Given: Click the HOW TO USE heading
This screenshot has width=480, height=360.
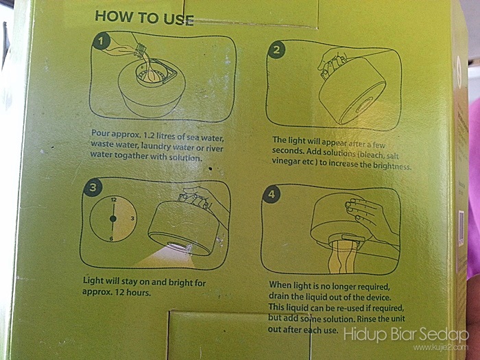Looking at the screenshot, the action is coord(144,18).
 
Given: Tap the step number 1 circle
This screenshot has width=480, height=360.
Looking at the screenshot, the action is coord(101,41).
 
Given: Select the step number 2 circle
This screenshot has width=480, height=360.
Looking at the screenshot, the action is coord(276,49).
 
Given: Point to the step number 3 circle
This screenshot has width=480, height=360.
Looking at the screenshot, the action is coord(93,187).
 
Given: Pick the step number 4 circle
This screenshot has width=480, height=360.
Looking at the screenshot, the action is coord(272,194).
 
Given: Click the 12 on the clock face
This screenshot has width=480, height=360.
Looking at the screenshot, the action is coord(114,200).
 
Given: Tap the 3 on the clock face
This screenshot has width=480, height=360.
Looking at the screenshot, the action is coord(132,218).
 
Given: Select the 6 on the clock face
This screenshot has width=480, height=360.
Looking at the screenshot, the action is coord(111,239).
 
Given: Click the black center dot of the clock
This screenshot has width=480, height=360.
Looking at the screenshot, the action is coord(113,219).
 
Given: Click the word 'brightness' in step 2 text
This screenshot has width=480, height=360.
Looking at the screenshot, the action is coord(392,166).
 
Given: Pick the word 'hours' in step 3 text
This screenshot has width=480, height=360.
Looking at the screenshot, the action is coord(139,292).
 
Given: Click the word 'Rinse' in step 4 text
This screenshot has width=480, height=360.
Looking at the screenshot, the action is coord(368,319).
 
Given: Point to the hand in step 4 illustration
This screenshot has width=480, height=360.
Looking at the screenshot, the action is coord(368,217).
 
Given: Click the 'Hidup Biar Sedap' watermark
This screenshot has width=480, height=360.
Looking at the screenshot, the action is coord(406,335).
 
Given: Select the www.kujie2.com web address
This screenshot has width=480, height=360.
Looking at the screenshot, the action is coord(440,348).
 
